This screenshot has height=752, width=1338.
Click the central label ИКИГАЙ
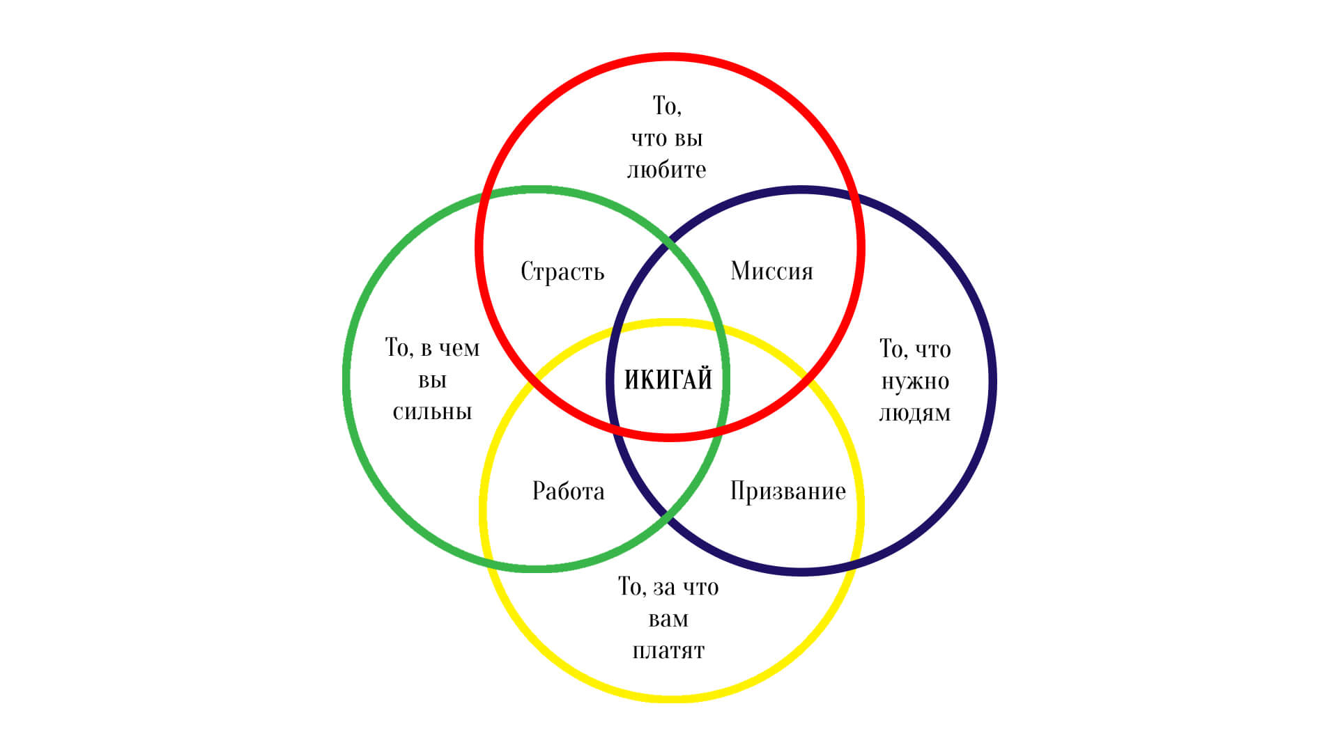668,380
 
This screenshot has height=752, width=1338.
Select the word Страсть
562,272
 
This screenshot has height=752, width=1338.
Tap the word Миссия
771,271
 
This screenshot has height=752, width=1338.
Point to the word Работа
568,491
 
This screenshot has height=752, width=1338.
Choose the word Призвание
787,491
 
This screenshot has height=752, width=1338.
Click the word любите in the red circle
667,170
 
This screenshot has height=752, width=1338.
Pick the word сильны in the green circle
432,412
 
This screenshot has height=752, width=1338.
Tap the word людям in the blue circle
914,414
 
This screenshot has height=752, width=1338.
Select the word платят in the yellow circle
668,651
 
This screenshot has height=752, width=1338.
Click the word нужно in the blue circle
915,382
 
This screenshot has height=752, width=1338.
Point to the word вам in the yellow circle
668,619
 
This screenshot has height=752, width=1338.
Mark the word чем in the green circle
460,347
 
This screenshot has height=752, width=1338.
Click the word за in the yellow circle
664,588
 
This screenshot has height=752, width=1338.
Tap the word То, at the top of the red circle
667,106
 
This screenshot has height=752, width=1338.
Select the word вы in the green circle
432,381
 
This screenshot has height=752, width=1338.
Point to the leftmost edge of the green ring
346,379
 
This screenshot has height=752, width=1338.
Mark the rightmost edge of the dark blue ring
993,381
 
